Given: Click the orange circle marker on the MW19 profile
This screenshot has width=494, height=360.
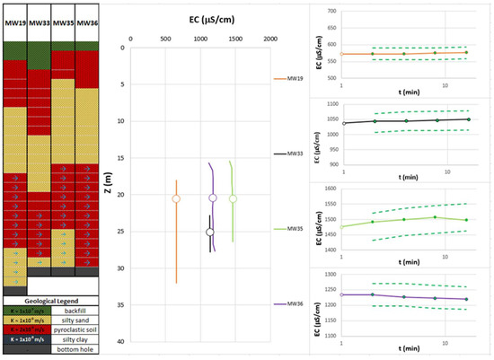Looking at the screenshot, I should click(176, 198).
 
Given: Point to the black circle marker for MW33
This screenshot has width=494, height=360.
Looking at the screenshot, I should click(210, 233).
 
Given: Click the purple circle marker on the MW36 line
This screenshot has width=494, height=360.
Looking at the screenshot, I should click(213, 198).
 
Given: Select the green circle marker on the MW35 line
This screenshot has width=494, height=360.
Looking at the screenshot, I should click(233, 198).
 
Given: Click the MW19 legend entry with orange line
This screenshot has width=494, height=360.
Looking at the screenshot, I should click(289, 79).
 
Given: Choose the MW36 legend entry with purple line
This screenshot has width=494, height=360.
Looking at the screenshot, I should click(289, 304).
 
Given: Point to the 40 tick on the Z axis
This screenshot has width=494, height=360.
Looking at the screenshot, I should click(120, 341).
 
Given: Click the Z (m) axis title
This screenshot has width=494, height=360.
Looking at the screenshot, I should click(108, 191).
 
